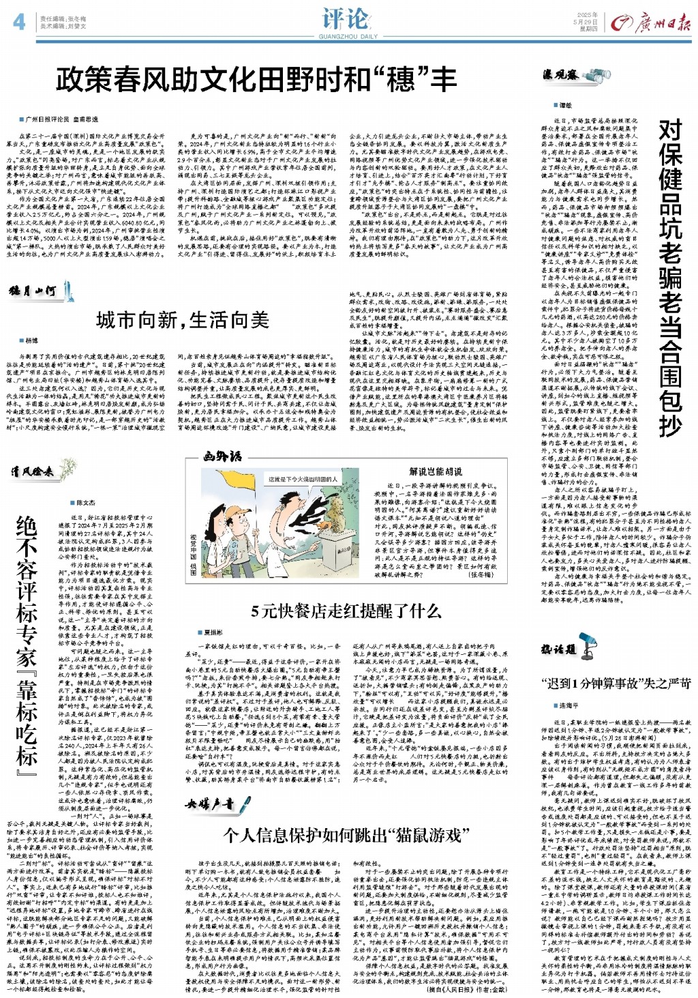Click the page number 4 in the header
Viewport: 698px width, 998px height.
point(19,23)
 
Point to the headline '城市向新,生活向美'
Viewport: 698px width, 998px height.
point(183,319)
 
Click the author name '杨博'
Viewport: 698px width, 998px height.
point(32,340)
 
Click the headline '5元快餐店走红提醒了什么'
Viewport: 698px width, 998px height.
point(346,611)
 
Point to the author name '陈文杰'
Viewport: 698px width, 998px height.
point(86,503)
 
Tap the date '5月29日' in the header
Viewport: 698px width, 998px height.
point(587,22)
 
